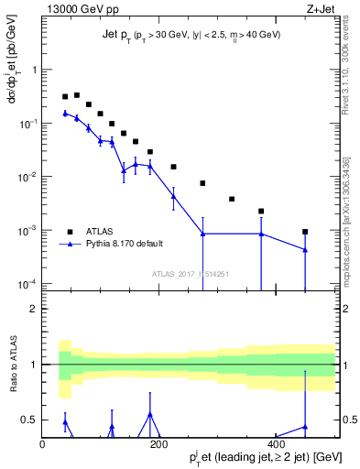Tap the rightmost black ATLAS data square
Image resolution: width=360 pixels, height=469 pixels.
click(x=305, y=232)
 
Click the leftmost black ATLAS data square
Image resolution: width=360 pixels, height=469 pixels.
click(x=65, y=96)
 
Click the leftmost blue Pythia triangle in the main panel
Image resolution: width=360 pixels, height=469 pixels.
click(x=65, y=113)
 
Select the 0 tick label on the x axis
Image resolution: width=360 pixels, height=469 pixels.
click(x=42, y=444)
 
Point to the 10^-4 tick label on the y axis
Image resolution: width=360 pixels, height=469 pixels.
click(x=26, y=284)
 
